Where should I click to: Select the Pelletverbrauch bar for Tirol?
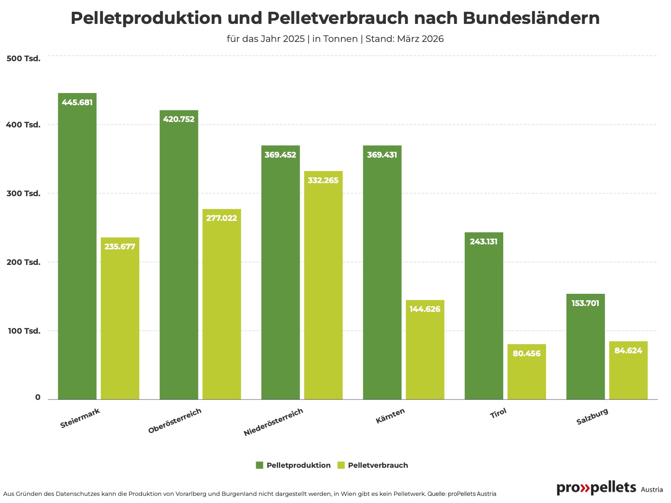point(527,373)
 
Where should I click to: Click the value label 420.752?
point(179,119)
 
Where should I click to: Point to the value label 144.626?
point(425,309)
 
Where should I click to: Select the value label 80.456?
point(527,354)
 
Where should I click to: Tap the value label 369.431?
point(382,155)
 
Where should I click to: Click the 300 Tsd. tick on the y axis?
point(23,194)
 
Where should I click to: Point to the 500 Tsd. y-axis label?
point(23,59)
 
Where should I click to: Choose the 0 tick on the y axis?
point(38,397)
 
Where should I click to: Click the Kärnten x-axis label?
point(390,416)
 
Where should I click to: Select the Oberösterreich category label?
point(175,421)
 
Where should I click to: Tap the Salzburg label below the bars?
point(592,417)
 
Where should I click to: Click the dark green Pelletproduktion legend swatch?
point(260,465)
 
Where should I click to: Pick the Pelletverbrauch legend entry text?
point(378,465)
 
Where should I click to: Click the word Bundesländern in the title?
point(531,18)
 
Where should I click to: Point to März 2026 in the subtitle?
point(420,39)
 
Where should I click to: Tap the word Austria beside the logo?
point(652,490)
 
